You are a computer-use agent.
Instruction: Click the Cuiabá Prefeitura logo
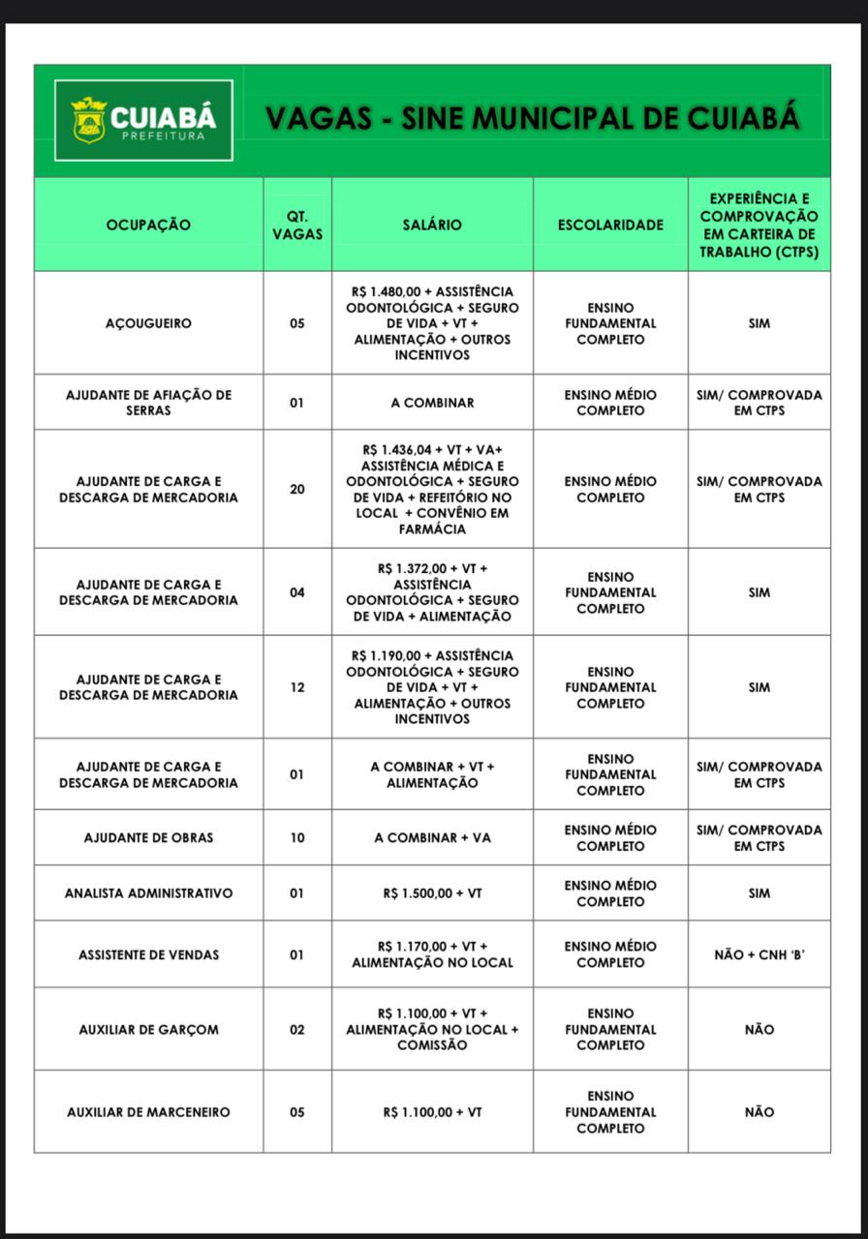tap(143, 120)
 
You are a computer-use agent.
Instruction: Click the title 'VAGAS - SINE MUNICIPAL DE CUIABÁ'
tap(532, 118)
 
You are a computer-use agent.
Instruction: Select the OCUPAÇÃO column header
tap(148, 225)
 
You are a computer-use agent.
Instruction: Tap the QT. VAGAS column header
tap(296, 225)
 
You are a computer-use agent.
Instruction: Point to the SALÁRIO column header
tap(432, 225)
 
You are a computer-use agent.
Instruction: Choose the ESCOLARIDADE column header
tap(610, 225)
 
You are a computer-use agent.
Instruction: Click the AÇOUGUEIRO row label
tap(148, 323)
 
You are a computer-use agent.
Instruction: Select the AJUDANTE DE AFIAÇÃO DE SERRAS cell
tap(148, 403)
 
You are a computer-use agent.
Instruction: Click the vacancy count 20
tap(296, 489)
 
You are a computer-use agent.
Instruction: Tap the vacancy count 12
tap(296, 687)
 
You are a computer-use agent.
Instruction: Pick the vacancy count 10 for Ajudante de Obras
tap(296, 837)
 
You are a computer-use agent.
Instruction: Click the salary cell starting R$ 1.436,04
tap(432, 489)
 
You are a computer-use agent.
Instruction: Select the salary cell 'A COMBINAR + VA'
tap(432, 837)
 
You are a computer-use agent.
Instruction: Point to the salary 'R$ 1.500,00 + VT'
tap(432, 893)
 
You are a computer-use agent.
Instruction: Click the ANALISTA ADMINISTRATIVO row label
tap(148, 893)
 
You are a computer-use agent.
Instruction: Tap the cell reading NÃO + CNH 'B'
tap(759, 954)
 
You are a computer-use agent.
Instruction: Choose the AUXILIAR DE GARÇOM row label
tap(148, 1029)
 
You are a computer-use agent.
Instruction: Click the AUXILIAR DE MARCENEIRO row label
tap(148, 1112)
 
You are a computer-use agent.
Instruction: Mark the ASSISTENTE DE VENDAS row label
tap(148, 954)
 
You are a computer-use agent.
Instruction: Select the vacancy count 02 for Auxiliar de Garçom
tap(296, 1029)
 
